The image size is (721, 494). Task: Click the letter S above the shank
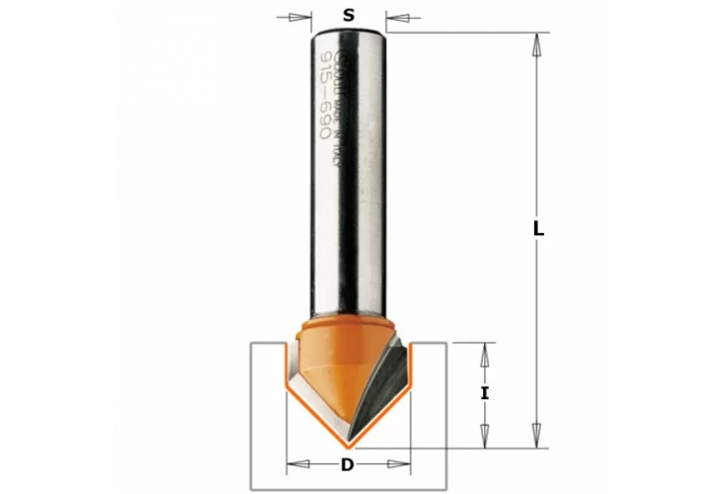(348, 15)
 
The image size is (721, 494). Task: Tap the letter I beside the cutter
(484, 393)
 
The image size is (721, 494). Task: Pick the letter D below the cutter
(347, 465)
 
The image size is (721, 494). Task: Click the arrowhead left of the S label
(301, 17)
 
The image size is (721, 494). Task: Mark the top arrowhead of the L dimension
(537, 45)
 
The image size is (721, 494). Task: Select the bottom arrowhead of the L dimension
(537, 432)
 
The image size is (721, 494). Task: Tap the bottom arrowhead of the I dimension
(485, 432)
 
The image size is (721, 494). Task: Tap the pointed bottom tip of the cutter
(348, 443)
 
